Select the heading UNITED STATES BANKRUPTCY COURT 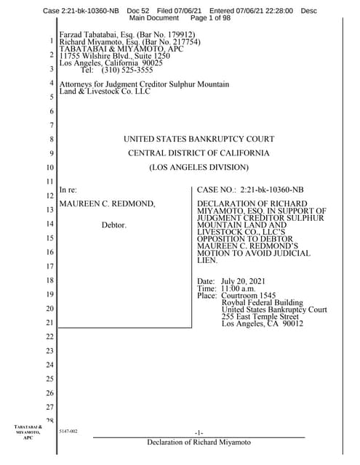[199, 139]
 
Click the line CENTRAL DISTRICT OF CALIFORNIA [199, 153]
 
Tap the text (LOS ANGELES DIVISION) [199, 168]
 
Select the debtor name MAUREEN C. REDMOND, [107, 204]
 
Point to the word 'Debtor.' [113, 225]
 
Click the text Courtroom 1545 [249, 296]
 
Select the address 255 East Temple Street [260, 317]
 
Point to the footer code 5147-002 [68, 432]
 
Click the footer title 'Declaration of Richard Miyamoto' [199, 442]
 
